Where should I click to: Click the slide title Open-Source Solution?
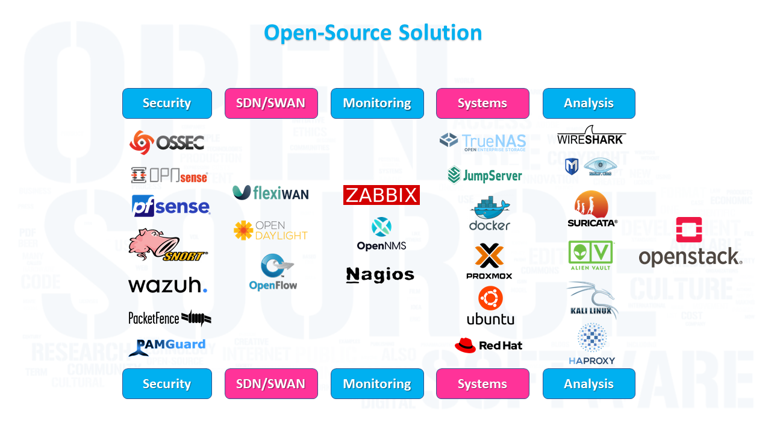point(373,33)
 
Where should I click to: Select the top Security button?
point(167,103)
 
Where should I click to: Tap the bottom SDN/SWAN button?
point(270,384)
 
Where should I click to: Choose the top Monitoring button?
point(377,103)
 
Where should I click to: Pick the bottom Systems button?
point(482,384)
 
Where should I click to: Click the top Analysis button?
point(588,103)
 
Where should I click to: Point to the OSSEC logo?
point(167,142)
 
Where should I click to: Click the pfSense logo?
point(170,206)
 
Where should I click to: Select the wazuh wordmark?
point(167,285)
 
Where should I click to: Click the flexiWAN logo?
point(270,193)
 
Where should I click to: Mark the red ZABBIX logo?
point(381,195)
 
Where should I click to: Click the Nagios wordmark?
point(380,275)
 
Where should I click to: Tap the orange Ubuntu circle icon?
point(490,298)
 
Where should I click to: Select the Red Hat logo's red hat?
point(465,345)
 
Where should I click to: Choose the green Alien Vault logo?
point(590,255)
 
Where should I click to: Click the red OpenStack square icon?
point(689,230)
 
